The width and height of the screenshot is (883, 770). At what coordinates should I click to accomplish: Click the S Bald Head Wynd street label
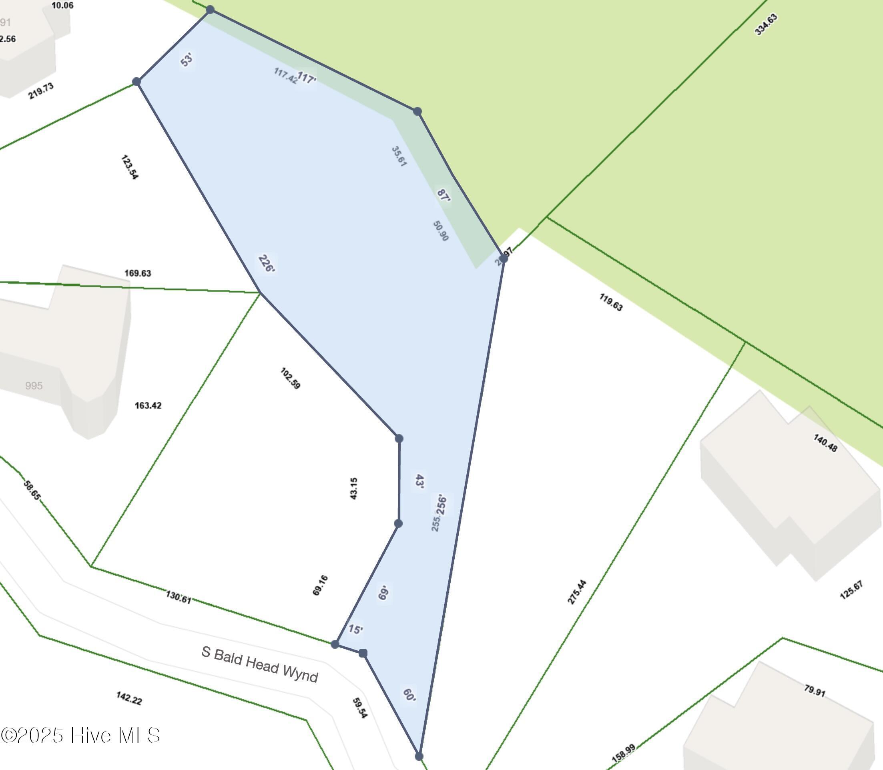(259, 664)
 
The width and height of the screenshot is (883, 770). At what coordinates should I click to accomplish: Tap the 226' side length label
(267, 263)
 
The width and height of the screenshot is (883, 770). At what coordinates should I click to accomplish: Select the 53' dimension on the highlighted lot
(187, 60)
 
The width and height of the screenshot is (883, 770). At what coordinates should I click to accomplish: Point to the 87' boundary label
(444, 195)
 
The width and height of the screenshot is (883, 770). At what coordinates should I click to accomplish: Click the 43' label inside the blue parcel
(420, 481)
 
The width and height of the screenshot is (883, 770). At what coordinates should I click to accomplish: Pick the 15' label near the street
(355, 630)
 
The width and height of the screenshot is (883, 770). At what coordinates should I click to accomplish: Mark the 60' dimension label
(409, 695)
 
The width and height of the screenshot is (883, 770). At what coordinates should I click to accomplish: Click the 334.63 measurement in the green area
(766, 24)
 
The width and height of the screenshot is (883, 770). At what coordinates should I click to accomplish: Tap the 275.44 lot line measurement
(577, 592)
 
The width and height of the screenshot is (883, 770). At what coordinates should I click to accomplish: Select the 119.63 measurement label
(611, 302)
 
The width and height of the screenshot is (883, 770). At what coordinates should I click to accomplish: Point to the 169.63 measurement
(138, 273)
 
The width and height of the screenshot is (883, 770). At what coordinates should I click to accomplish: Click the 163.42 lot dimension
(148, 405)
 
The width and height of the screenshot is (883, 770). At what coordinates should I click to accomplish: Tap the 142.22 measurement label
(129, 698)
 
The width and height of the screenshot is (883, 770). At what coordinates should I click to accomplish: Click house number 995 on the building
(34, 385)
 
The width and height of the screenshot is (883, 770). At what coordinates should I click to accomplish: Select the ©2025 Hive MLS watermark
(80, 735)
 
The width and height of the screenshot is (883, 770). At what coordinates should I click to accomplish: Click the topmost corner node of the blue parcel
(210, 10)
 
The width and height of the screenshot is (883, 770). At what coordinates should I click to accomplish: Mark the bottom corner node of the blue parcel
(419, 756)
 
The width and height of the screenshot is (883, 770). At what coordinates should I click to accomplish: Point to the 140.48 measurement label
(825, 443)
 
